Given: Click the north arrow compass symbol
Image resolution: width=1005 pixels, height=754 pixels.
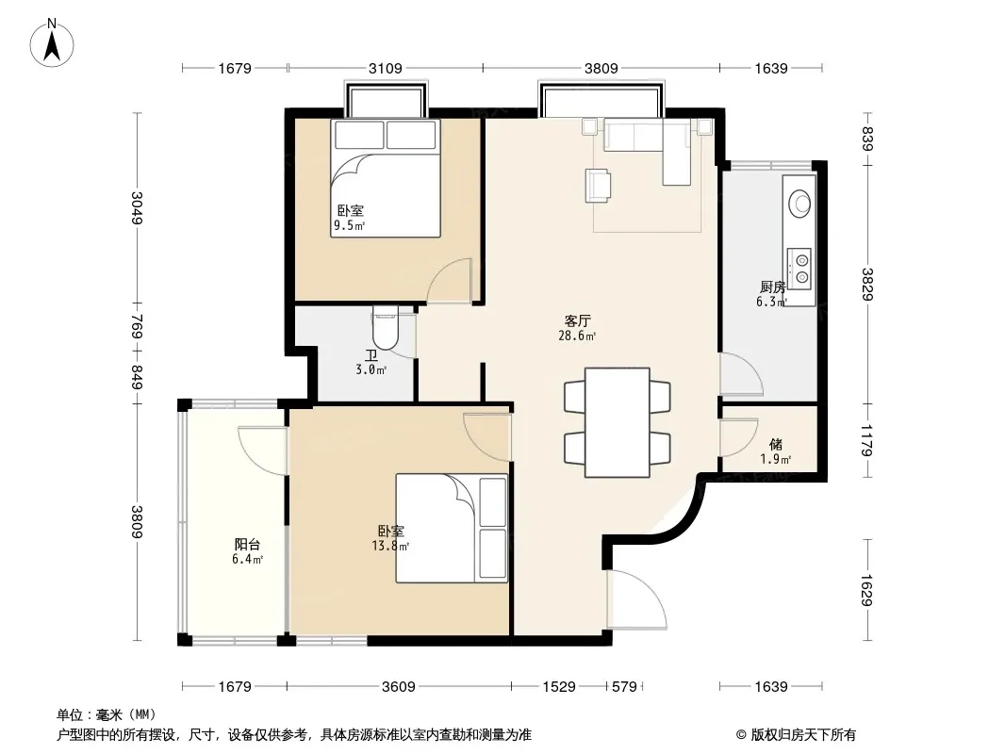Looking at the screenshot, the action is [x=52, y=43].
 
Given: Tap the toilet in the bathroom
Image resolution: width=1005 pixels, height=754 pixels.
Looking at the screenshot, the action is [x=386, y=327].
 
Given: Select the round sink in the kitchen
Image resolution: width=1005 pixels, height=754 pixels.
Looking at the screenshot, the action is [x=799, y=203].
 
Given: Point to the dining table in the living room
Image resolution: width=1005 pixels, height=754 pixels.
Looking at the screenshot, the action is [x=618, y=422].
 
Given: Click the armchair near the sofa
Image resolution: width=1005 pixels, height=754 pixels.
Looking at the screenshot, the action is [x=598, y=185].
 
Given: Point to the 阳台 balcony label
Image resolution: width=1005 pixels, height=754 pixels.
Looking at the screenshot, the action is [x=247, y=545].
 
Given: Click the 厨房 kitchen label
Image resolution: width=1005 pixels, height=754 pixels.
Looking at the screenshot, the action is [x=772, y=287].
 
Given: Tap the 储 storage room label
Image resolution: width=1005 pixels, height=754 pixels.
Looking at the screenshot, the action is [x=776, y=444].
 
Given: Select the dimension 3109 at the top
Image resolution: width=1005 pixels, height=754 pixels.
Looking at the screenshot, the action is [x=386, y=68].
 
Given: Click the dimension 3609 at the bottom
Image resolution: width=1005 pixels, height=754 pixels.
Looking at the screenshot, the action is [x=399, y=687].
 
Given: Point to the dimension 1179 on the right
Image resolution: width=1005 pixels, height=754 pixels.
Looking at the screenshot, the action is [x=867, y=441].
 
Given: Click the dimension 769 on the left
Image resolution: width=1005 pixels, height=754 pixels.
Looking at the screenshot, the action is [x=137, y=325].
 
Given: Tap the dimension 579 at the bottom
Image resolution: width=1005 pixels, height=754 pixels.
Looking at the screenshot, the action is [x=624, y=687].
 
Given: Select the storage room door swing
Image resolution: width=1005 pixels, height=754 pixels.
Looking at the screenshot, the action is [x=739, y=437].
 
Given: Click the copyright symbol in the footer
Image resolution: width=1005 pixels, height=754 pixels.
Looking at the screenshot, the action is [x=741, y=735].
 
